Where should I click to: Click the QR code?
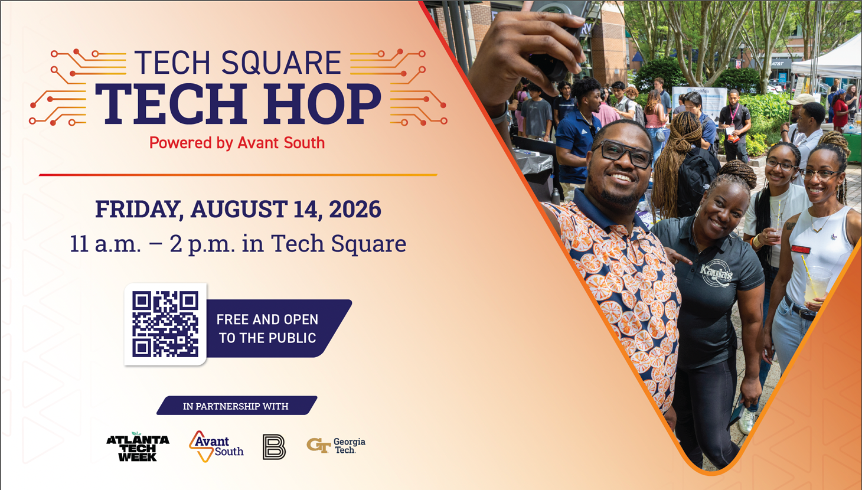165,324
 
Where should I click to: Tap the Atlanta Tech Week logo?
138,447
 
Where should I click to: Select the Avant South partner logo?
216,446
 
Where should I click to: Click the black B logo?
274,447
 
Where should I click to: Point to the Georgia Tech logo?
336,446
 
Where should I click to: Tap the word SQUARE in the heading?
281,63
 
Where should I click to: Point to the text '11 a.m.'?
106,244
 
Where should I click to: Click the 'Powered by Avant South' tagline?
237,143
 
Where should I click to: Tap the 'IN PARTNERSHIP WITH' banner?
237,406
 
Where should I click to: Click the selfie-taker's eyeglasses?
626,153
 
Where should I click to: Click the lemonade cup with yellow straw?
817,284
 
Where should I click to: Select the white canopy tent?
828,61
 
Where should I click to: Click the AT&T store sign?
778,64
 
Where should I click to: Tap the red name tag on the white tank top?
801,249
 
